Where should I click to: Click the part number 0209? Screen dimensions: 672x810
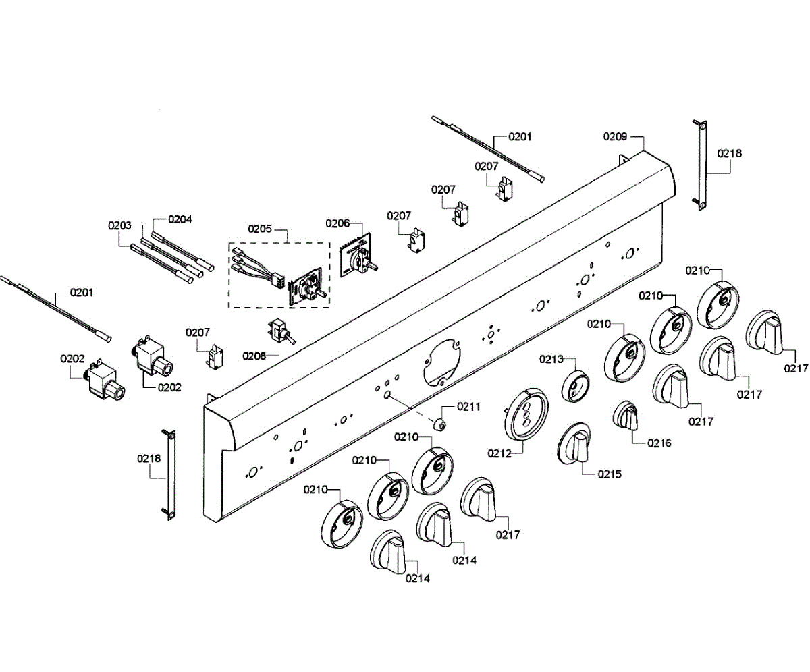[x=615, y=136]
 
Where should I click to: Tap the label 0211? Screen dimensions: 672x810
[x=468, y=406]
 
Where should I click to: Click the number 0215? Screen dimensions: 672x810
[x=609, y=474]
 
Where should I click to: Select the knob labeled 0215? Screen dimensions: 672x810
[x=578, y=445]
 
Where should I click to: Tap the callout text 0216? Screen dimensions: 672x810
[x=659, y=443]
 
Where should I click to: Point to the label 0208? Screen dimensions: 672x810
[x=254, y=356]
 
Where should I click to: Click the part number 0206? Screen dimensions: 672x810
[x=337, y=223]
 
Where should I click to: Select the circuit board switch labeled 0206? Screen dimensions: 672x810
[x=356, y=256]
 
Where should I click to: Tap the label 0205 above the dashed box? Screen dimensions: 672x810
[x=260, y=229]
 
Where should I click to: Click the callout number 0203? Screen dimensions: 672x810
[x=119, y=225]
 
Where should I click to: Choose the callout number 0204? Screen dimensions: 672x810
[x=180, y=219]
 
